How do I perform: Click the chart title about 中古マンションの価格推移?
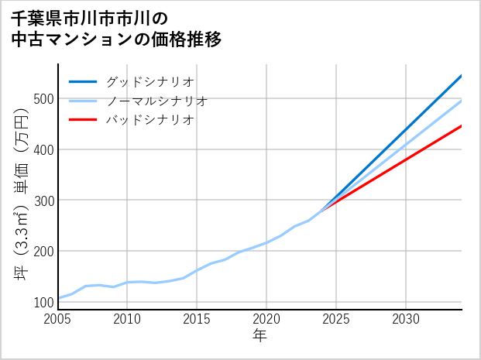116,29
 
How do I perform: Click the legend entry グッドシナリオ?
149,81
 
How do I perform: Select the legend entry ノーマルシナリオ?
156,101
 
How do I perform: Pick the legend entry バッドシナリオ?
149,120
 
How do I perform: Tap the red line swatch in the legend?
83,120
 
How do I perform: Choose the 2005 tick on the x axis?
59,319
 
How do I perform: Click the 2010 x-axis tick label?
128,319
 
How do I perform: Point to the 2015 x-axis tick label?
198,319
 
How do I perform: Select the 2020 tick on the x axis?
266,319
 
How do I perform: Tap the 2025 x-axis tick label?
336,319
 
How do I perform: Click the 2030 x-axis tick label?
406,319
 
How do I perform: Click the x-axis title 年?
260,336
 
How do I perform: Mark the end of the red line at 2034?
461,125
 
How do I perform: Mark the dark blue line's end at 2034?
461,76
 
